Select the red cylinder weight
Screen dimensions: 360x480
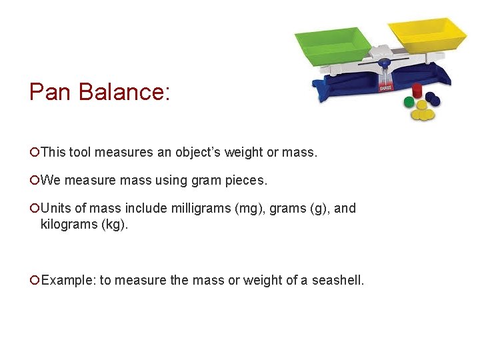pyautogui.click(x=418, y=91)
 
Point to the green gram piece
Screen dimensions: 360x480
pyautogui.click(x=409, y=102)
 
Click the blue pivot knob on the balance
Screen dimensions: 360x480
pyautogui.click(x=384, y=64)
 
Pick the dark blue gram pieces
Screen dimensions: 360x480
pyautogui.click(x=433, y=99)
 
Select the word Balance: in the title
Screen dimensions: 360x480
pyautogui.click(x=125, y=91)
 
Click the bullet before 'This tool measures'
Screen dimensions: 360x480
pyautogui.click(x=34, y=153)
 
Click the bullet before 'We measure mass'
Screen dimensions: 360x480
pyautogui.click(x=34, y=180)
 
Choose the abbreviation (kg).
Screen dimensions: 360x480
pyautogui.click(x=114, y=224)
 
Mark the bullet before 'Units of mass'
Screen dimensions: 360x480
pyautogui.click(x=34, y=208)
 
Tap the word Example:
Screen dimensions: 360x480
pyautogui.click(x=67, y=280)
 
